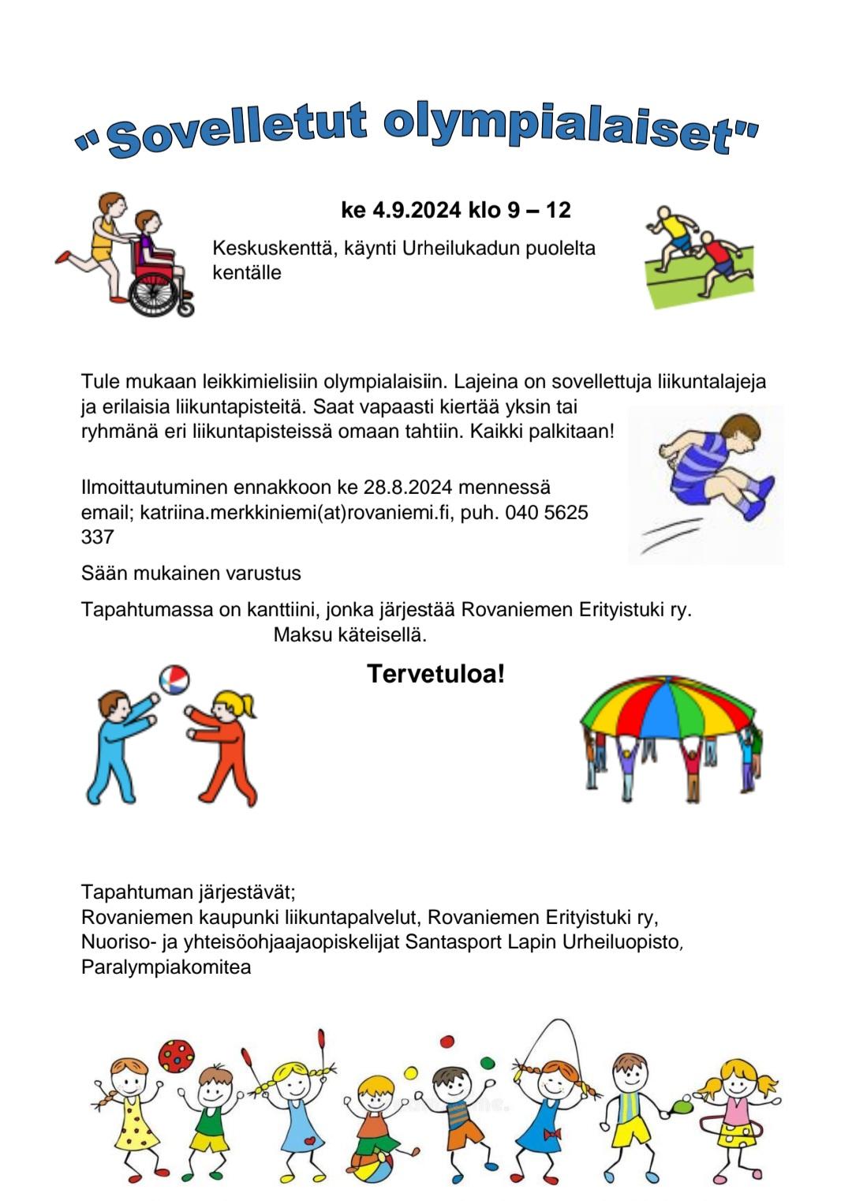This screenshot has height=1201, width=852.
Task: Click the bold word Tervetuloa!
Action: point(435,674)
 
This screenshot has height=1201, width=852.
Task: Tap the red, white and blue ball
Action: point(174,679)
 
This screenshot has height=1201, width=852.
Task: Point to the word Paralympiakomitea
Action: point(166,967)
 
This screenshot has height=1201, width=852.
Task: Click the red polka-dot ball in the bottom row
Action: point(176,1055)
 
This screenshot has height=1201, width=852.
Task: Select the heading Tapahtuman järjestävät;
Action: point(188,892)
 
